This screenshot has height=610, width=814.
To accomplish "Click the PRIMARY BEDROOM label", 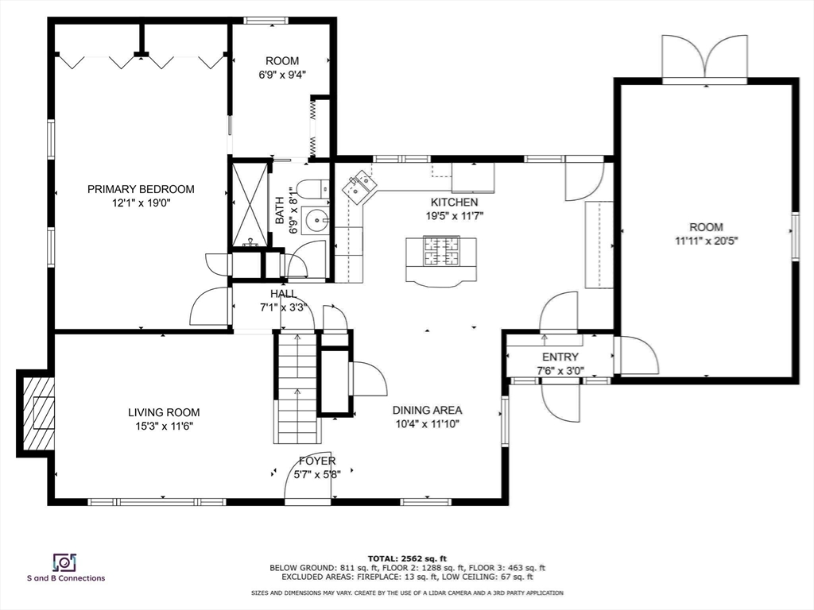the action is tap(141, 189).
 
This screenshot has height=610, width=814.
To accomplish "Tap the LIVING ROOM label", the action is tap(164, 412).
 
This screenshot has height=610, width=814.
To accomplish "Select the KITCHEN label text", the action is tap(454, 203).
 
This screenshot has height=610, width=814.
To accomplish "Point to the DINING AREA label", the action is tap(427, 411).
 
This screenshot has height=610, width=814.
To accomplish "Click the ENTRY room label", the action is tap(560, 357).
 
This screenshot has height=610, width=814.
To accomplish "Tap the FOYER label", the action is tap(317, 461).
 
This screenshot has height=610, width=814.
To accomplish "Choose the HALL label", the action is tap(284, 294).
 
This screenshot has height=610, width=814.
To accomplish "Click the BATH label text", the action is tap(280, 210).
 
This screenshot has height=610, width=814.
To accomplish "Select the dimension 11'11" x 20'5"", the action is tap(706, 241).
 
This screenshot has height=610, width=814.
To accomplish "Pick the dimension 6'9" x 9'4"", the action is tap(282, 74).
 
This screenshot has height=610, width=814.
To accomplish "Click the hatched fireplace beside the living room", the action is tap(37, 413).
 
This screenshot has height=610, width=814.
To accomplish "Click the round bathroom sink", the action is tap(315, 221).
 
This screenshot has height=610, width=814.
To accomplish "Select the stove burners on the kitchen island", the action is tap(441, 251).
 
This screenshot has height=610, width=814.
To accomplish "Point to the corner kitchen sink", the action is tap(359, 186).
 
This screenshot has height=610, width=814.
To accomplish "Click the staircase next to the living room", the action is tap(297, 388).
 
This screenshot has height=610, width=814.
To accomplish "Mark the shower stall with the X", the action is tap(250, 204).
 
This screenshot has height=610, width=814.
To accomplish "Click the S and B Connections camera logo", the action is tap(65, 562).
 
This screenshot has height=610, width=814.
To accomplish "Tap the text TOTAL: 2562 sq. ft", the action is tap(407, 558).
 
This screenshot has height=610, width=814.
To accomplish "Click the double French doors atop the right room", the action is tap(705, 57).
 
